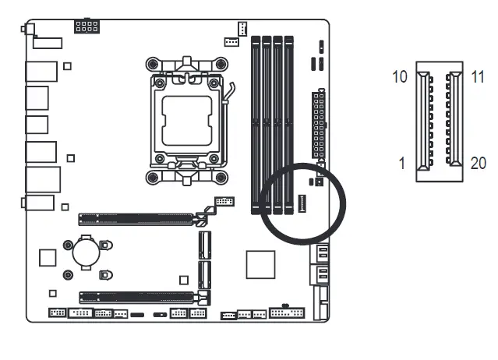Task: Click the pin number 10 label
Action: tap(399, 78)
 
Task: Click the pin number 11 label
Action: tap(478, 78)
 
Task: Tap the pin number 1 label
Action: tap(402, 164)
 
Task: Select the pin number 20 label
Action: tap(479, 164)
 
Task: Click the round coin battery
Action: tap(84, 252)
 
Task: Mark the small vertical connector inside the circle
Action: tap(302, 204)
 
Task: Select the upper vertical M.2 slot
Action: tap(204, 245)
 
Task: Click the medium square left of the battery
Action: tap(48, 257)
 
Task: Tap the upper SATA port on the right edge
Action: tap(321, 253)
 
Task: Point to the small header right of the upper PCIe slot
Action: tap(223, 201)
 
